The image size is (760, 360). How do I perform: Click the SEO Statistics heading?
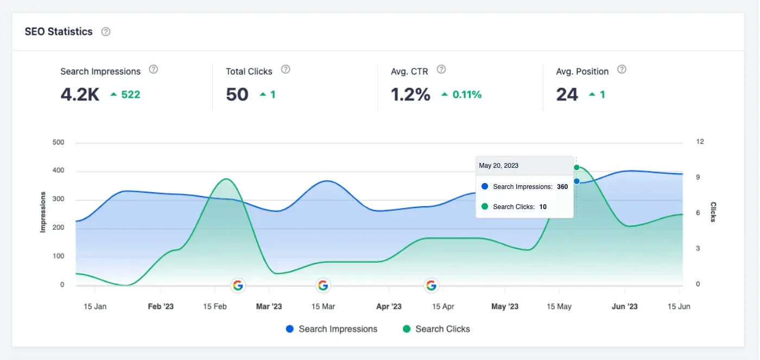59,31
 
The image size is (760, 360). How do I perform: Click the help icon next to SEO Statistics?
106,31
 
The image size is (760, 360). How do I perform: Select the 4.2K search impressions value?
80,94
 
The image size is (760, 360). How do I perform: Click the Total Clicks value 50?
237,94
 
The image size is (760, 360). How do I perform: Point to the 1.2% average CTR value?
410,94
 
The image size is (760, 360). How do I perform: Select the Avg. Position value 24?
567,94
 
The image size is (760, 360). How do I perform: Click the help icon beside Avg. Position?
622,70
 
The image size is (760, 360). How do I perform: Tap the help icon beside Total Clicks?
286,70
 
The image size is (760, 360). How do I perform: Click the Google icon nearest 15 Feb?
238,285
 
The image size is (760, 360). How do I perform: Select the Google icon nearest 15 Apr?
431,285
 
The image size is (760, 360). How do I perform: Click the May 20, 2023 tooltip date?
498,166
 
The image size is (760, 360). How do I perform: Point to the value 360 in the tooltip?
562,187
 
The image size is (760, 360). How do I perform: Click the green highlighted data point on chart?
577,167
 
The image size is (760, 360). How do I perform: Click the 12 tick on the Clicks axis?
700,142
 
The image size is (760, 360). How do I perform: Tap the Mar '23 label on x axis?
269,306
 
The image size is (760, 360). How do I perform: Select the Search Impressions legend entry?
331,329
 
